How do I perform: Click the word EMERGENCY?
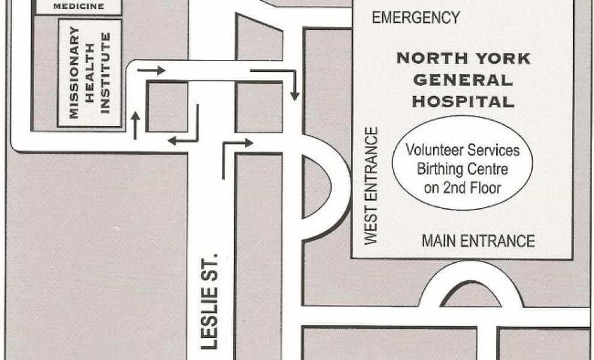[416, 17]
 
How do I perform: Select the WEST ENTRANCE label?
[371, 185]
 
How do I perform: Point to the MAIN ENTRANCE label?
[478, 241]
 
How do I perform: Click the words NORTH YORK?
[463, 59]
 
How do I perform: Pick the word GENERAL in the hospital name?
[463, 80]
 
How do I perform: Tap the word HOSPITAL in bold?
[463, 101]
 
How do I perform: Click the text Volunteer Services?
[462, 149]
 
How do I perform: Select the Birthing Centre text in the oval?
[462, 169]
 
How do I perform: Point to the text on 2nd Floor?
[462, 188]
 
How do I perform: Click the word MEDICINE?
[79, 7]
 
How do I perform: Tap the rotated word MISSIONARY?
[74, 73]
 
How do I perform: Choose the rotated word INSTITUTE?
[106, 73]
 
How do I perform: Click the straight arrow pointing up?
[135, 125]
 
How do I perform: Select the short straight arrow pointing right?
[151, 71]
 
